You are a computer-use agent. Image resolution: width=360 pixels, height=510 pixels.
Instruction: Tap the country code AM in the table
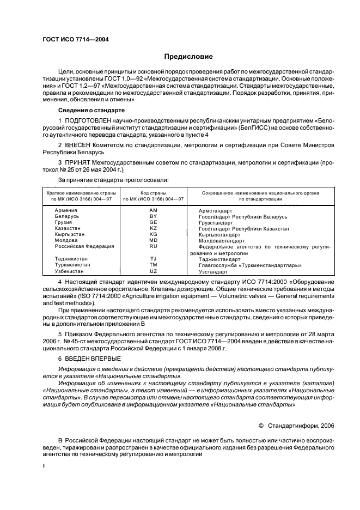(153, 210)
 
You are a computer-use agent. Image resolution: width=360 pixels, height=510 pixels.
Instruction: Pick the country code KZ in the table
(153, 228)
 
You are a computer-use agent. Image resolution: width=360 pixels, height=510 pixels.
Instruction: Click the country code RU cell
(153, 246)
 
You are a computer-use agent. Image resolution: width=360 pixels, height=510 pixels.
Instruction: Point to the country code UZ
(153, 271)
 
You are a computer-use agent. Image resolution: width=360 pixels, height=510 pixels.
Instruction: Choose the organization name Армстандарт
(216, 210)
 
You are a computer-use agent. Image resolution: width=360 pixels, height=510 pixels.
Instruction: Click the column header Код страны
(153, 193)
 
